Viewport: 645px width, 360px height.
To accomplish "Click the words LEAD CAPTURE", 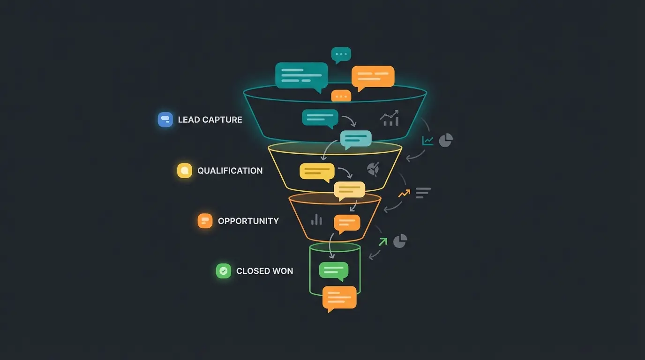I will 210,120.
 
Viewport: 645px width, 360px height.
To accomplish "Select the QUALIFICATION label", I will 230,171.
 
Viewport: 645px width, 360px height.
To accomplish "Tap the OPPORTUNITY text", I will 248,221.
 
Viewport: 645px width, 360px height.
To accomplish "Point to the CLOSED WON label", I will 264,271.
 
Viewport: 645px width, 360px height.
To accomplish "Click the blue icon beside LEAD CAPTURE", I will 165,120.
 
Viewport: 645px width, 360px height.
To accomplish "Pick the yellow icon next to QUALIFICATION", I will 185,171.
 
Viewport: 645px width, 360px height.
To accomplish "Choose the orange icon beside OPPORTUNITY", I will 205,221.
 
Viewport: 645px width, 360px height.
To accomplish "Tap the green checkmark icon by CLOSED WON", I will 224,271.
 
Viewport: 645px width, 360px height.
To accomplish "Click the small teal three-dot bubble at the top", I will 341,55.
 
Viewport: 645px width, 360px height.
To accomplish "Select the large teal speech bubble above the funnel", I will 301,75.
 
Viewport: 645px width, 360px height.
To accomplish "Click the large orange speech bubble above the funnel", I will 373,76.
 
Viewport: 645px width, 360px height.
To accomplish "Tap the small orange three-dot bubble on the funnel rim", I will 341,96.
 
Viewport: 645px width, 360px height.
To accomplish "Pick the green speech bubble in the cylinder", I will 334,270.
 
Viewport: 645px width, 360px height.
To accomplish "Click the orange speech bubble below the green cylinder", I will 339,298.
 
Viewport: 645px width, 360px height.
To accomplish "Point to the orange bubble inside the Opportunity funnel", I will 347,223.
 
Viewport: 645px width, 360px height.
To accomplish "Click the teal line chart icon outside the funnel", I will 427,140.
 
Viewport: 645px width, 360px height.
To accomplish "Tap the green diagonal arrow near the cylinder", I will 383,241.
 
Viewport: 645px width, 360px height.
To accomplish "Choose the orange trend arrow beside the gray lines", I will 404,193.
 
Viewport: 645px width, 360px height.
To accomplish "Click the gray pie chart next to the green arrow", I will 400,241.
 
